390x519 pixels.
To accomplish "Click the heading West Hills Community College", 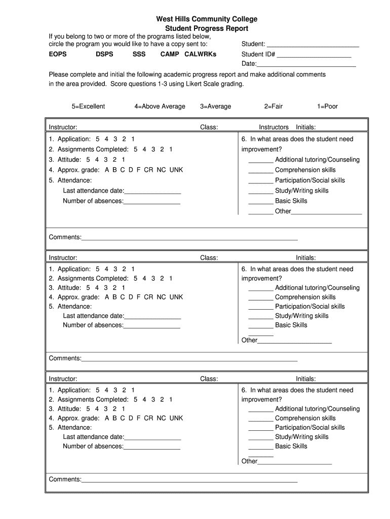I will [207, 19].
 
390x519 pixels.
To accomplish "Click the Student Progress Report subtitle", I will [207, 29].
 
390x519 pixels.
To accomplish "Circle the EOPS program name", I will [58, 54].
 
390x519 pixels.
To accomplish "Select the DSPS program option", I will [104, 54].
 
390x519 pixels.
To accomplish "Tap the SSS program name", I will [139, 54].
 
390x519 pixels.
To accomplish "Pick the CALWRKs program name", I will [201, 54].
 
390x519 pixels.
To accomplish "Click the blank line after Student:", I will [313, 45].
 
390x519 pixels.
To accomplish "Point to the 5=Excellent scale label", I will [88, 106].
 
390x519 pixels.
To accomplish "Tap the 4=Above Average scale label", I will [160, 106].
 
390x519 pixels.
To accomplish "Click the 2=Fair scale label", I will [273, 106].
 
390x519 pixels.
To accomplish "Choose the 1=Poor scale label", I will [327, 106].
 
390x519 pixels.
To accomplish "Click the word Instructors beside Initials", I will [274, 127].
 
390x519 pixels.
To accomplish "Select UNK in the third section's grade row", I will [176, 418].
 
